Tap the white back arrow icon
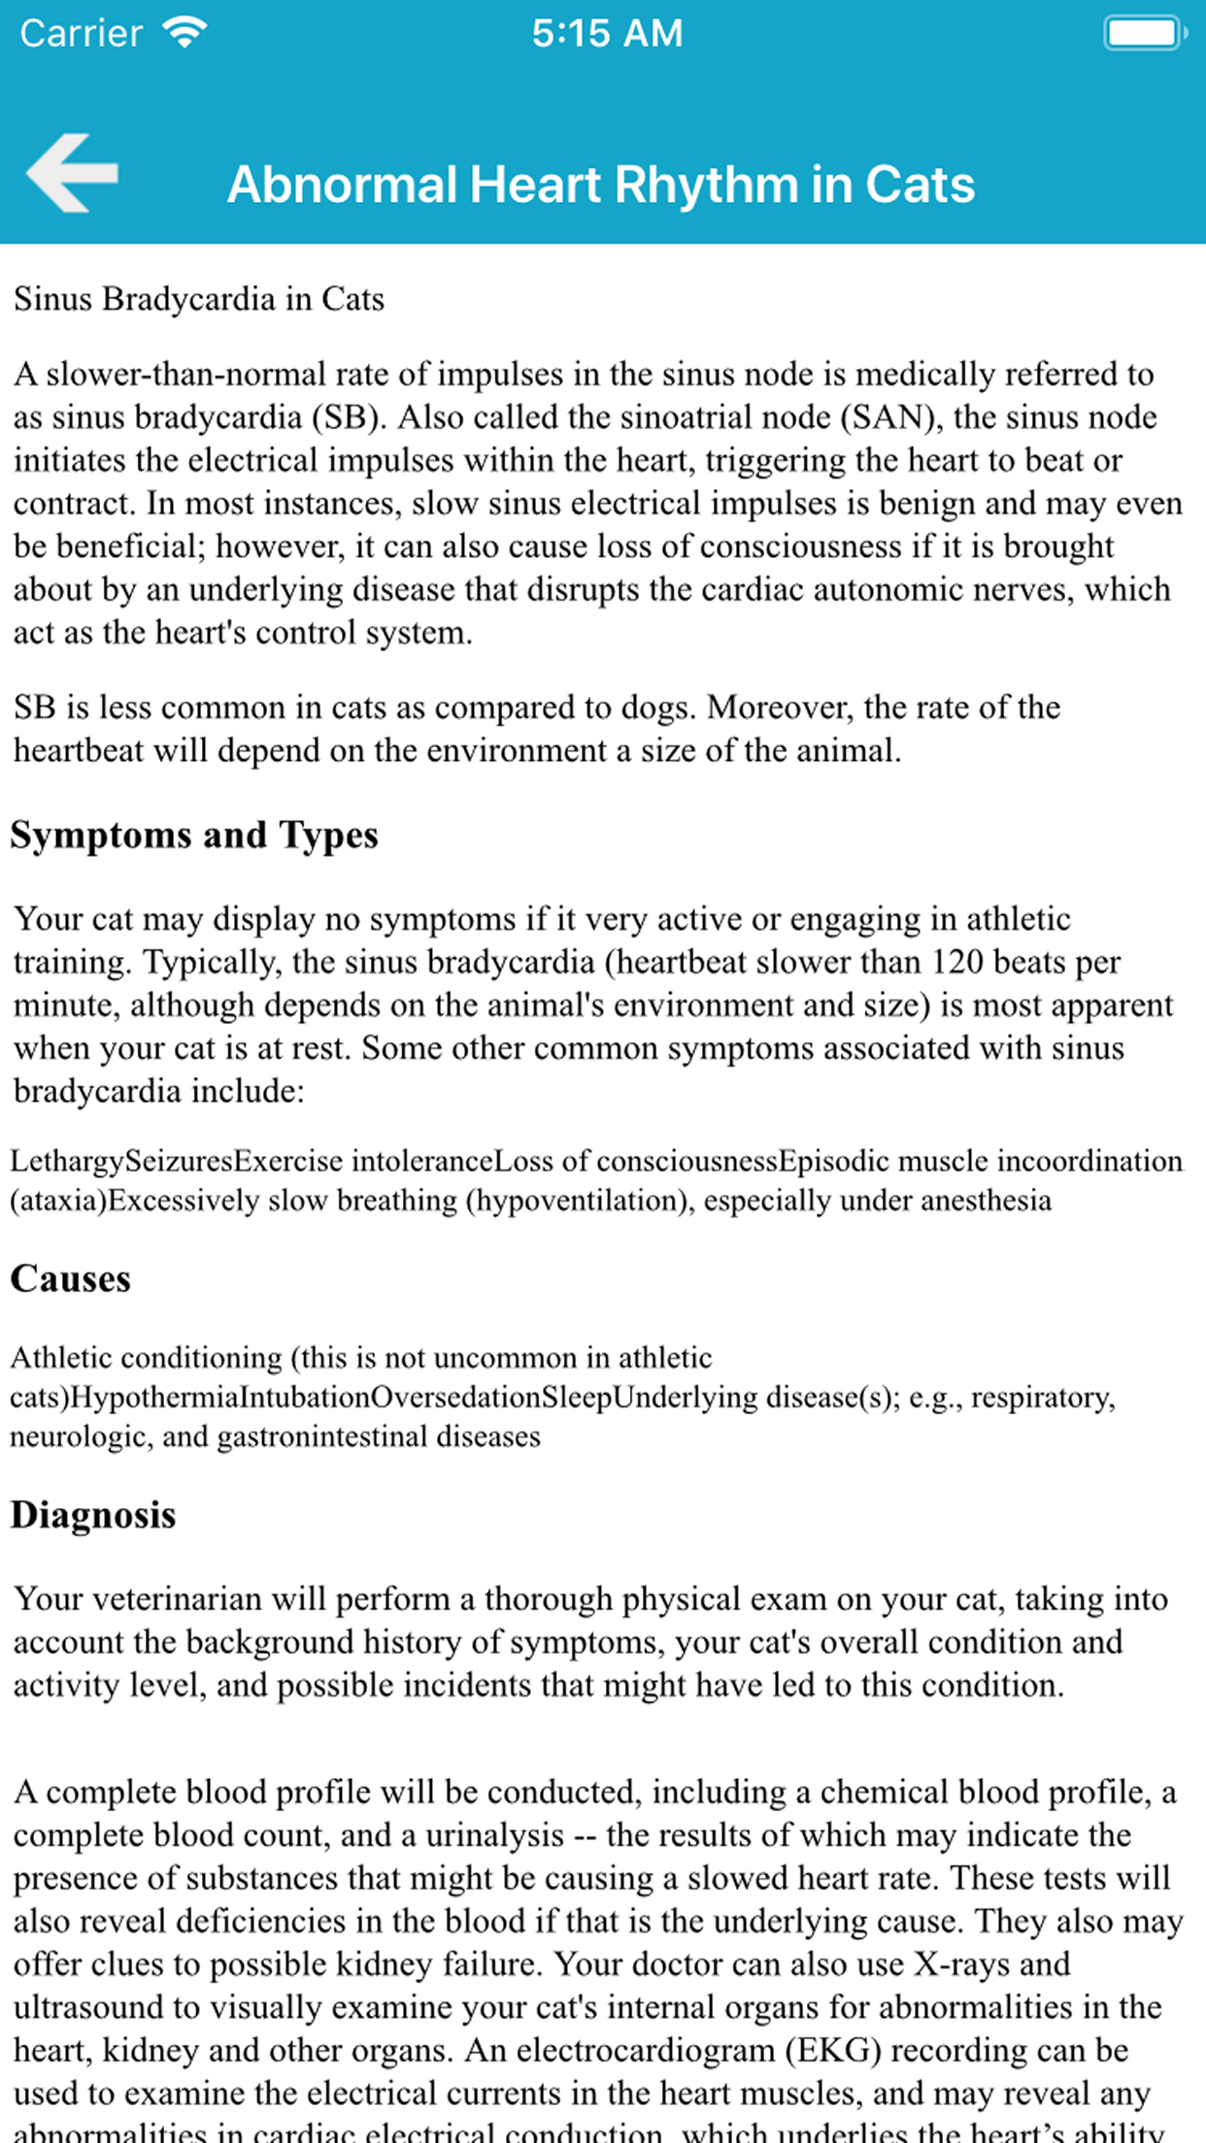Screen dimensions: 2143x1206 click(73, 173)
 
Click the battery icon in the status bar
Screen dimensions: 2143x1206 click(1144, 33)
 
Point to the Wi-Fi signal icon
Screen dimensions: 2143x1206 click(184, 33)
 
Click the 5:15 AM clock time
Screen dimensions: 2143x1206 click(607, 33)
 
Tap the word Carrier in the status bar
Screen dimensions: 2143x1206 click(82, 33)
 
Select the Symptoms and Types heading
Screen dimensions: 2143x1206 click(194, 835)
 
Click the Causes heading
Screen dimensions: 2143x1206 click(70, 1278)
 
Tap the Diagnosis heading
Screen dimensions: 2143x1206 click(93, 1515)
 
